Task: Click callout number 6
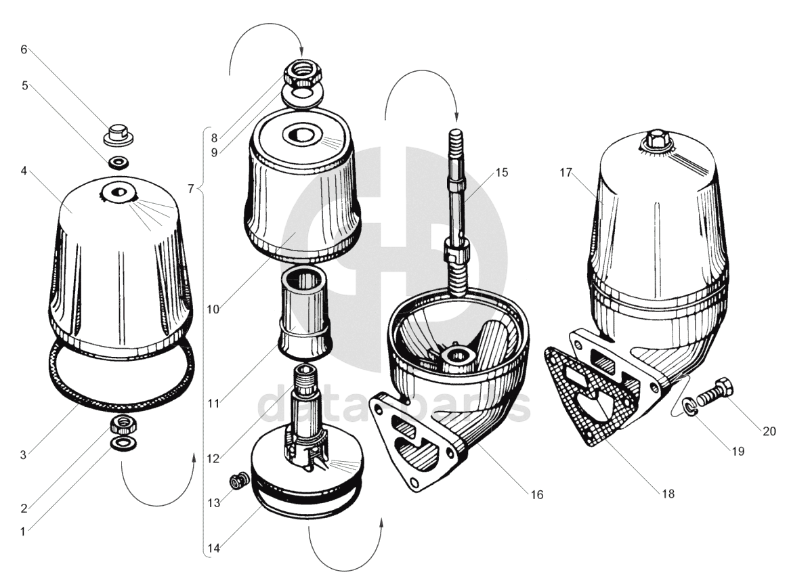tap(24, 49)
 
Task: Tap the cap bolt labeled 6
tap(118, 133)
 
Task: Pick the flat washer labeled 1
tap(123, 444)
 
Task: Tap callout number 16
tap(537, 496)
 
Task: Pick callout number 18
tap(668, 494)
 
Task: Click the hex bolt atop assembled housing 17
tap(654, 141)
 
